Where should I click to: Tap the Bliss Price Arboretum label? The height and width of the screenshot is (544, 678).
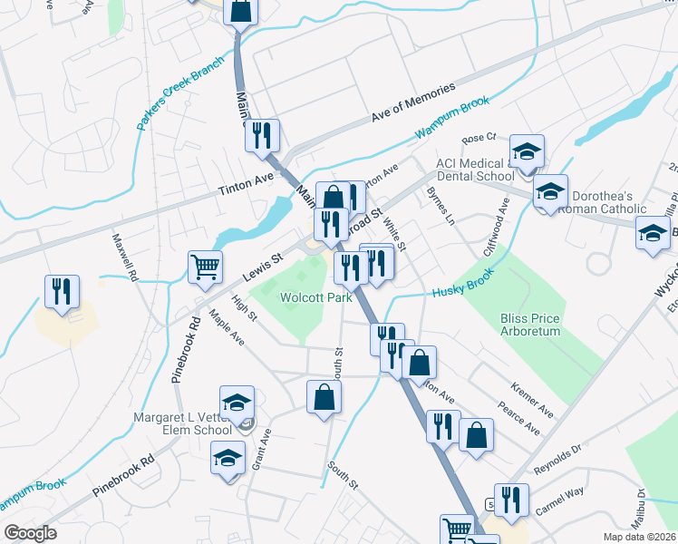pos(530,325)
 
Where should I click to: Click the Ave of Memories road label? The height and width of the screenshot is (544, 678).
pos(412,104)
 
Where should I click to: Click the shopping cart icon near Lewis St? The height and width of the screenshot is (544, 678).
pos(206,267)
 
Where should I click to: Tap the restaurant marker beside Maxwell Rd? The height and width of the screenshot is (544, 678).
pos(62,291)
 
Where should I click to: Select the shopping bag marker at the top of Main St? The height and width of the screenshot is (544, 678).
pos(241,13)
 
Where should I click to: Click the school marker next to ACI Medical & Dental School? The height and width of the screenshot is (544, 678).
pos(527,151)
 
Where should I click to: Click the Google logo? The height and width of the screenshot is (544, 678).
pos(29,533)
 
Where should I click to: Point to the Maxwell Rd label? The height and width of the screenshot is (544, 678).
pos(123,256)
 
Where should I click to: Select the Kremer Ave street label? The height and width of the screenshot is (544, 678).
pos(533,400)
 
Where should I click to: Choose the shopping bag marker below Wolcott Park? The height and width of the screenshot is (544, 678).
pos(324,397)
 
